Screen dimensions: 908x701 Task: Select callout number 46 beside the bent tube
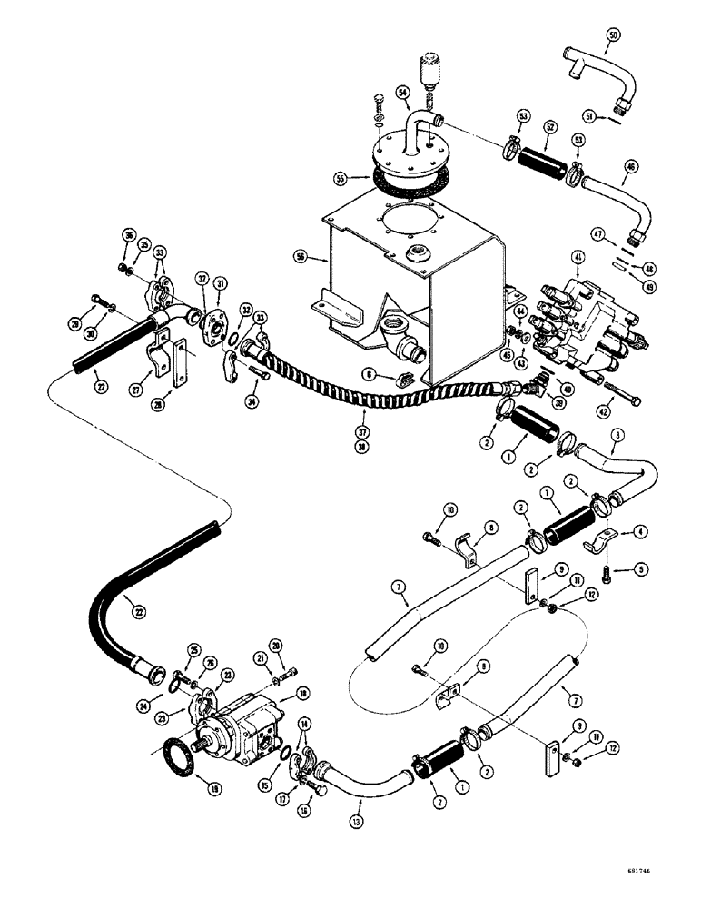coord(605,164)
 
